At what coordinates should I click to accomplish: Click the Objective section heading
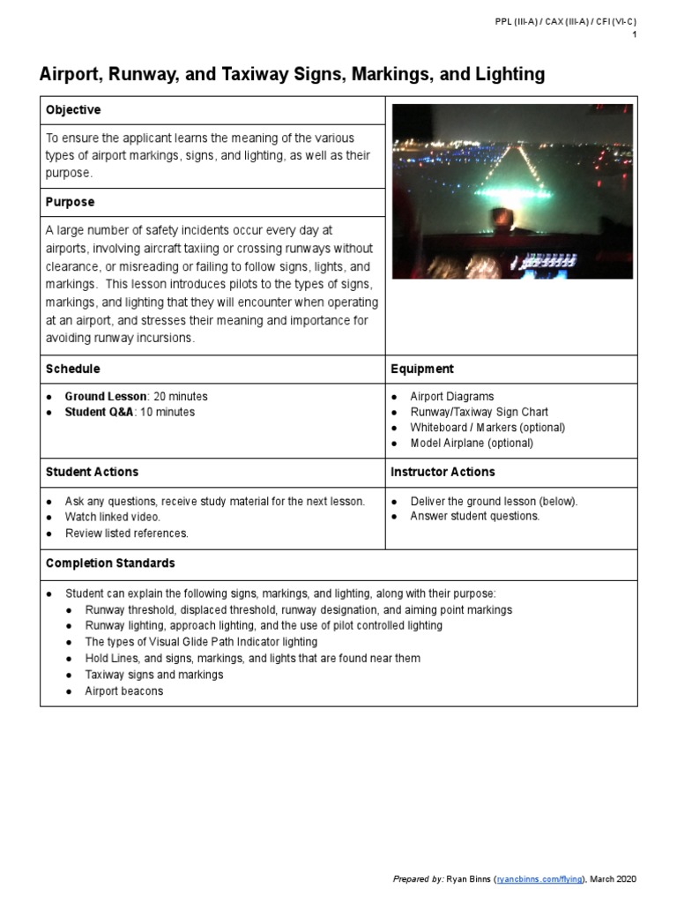[x=73, y=110]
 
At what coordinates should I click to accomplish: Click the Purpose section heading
[x=71, y=202]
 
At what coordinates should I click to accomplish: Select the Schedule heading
[x=73, y=369]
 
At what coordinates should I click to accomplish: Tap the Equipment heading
[x=422, y=369]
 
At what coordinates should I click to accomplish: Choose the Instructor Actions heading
[x=443, y=472]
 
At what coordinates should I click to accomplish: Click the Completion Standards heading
[x=110, y=563]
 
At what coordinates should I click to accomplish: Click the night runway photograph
[x=511, y=191]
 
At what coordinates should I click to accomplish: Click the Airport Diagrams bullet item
[x=451, y=397]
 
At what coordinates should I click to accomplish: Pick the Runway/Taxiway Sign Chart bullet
[x=479, y=412]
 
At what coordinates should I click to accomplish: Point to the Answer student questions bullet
[x=474, y=516]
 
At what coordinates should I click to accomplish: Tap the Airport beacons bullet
[x=123, y=691]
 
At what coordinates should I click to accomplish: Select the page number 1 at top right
[x=634, y=34]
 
